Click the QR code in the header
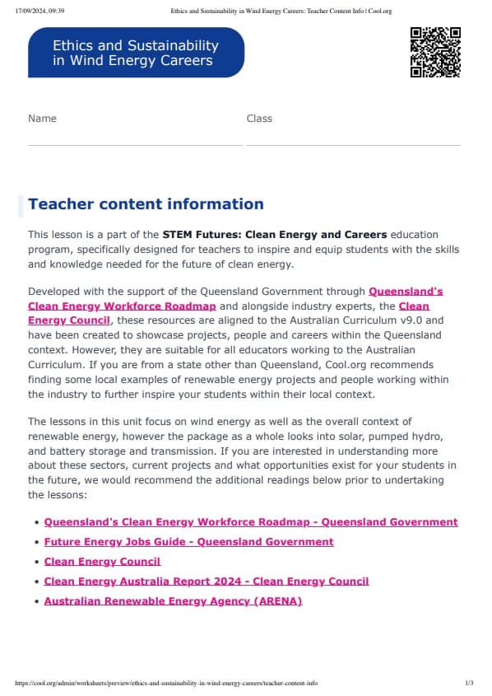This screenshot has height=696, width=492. [434, 52]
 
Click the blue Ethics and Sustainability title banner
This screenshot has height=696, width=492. [136, 53]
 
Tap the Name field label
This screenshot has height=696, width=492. [42, 119]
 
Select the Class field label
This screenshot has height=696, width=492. [259, 119]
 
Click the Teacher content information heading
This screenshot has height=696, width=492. [146, 204]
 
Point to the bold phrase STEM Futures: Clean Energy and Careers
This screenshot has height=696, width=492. [276, 235]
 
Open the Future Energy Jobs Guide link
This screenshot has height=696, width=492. [188, 542]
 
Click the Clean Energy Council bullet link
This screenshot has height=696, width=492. [102, 562]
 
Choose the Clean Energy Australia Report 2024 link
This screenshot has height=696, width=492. [206, 582]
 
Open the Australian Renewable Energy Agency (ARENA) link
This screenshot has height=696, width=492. [173, 601]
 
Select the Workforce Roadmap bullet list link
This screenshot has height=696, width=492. [250, 522]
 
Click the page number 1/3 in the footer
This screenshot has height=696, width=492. [469, 684]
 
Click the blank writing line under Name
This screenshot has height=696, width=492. [135, 144]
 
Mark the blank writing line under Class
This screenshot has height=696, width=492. [353, 144]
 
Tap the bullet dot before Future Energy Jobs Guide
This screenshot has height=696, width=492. [36, 542]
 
